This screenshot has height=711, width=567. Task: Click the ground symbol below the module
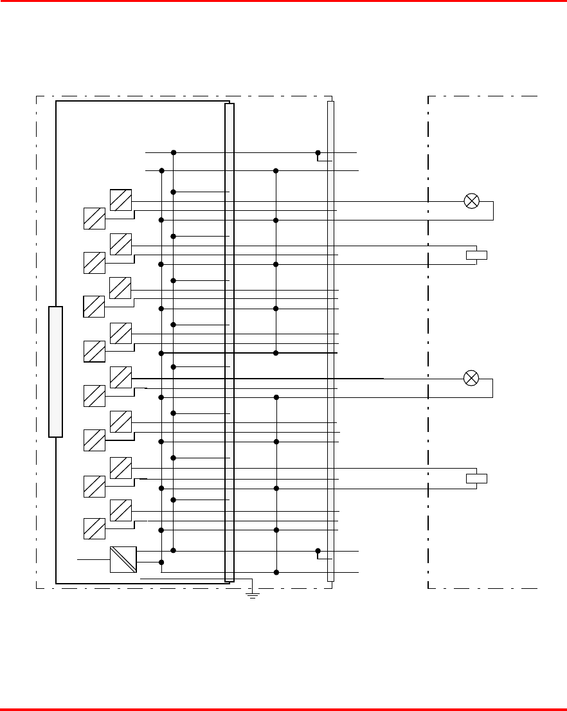(253, 594)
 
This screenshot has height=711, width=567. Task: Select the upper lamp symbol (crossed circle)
(471, 201)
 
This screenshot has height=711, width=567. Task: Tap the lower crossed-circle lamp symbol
(471, 378)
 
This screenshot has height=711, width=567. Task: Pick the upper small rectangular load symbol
(476, 255)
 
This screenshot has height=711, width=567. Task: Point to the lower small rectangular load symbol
(476, 478)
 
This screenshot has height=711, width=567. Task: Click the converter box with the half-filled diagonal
(123, 559)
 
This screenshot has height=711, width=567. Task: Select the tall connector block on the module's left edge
(56, 372)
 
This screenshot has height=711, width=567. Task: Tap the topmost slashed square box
(121, 200)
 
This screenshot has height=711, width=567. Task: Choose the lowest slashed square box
(94, 528)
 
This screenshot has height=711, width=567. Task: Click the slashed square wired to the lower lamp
(121, 377)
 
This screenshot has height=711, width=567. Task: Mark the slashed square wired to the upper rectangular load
(121, 244)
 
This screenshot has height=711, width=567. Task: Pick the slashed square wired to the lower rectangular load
(121, 468)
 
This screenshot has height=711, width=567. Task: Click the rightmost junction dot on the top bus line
(318, 153)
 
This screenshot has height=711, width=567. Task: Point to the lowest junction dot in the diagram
(276, 572)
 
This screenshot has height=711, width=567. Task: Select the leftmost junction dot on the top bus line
(174, 153)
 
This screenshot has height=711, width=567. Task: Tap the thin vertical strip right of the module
(330, 341)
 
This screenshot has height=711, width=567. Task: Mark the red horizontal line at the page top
(283, 1)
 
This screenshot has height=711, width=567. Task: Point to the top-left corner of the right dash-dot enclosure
(429, 97)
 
